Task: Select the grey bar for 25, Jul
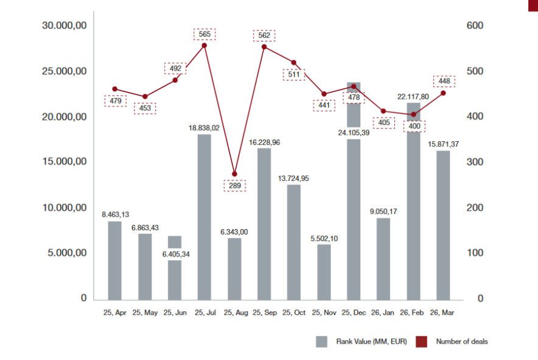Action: pyautogui.click(x=204, y=217)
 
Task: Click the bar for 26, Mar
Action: pyautogui.click(x=443, y=225)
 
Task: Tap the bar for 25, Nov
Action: pyautogui.click(x=324, y=272)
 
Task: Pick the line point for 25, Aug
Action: pyautogui.click(x=235, y=174)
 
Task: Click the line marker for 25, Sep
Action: pyautogui.click(x=264, y=47)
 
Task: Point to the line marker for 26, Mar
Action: pyautogui.click(x=443, y=93)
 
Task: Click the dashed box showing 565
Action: pyautogui.click(x=204, y=34)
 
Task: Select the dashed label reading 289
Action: pyautogui.click(x=235, y=186)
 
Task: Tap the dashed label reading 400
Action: pyautogui.click(x=414, y=126)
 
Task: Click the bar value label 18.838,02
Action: pyautogui.click(x=204, y=128)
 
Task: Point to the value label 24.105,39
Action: pyautogui.click(x=354, y=133)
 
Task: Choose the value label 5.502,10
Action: pyautogui.click(x=324, y=239)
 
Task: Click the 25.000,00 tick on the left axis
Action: pyautogui.click(x=64, y=71)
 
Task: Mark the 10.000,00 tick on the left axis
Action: pyautogui.click(x=64, y=208)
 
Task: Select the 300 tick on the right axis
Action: pyautogui.click(x=475, y=162)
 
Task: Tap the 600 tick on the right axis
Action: pyautogui.click(x=475, y=26)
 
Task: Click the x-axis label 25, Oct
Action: pyautogui.click(x=294, y=312)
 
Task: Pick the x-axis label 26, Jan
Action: pyautogui.click(x=383, y=312)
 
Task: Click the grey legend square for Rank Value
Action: pyautogui.click(x=321, y=342)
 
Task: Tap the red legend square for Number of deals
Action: pyautogui.click(x=421, y=342)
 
